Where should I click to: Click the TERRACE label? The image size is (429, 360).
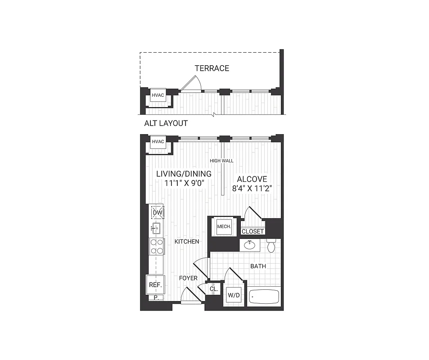pyautogui.click(x=212, y=68)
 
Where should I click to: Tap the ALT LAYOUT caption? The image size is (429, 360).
pyautogui.click(x=166, y=123)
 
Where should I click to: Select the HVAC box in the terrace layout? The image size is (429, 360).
pyautogui.click(x=158, y=95)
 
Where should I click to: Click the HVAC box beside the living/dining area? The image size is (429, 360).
pyautogui.click(x=158, y=142)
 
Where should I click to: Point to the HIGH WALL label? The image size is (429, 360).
pyautogui.click(x=221, y=161)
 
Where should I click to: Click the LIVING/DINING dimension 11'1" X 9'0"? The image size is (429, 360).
pyautogui.click(x=184, y=183)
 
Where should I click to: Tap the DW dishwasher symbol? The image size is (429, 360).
pyautogui.click(x=157, y=213)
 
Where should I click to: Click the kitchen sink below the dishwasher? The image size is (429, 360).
pyautogui.click(x=156, y=229)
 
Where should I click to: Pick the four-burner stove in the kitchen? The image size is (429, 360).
pyautogui.click(x=157, y=246)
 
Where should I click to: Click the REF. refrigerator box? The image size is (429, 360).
pyautogui.click(x=155, y=285)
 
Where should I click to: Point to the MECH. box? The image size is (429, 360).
pyautogui.click(x=224, y=227)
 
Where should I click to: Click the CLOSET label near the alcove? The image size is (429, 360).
pyautogui.click(x=253, y=232)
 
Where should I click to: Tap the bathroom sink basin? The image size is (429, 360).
pyautogui.click(x=249, y=246)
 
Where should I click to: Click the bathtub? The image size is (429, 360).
pyautogui.click(x=264, y=297)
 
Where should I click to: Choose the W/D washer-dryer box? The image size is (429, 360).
pyautogui.click(x=234, y=296)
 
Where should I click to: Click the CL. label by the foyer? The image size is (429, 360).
pyautogui.click(x=213, y=289)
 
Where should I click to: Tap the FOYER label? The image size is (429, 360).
pyautogui.click(x=188, y=278)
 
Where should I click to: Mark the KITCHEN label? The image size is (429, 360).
pyautogui.click(x=187, y=242)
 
